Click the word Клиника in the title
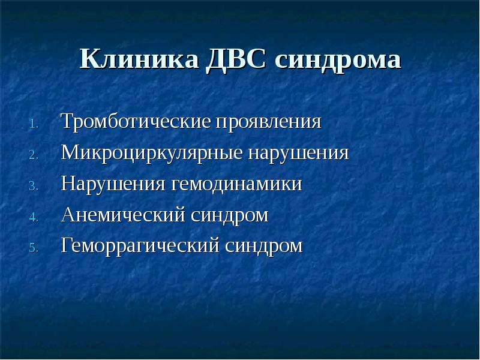(x=139, y=58)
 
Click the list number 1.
(x=34, y=124)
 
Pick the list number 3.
(x=34, y=186)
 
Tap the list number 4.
(x=34, y=217)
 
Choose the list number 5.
(x=34, y=248)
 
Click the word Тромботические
(x=136, y=122)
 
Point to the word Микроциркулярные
(x=152, y=153)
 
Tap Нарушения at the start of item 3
(x=113, y=184)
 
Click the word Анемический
(x=124, y=215)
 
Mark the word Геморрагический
(x=140, y=246)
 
